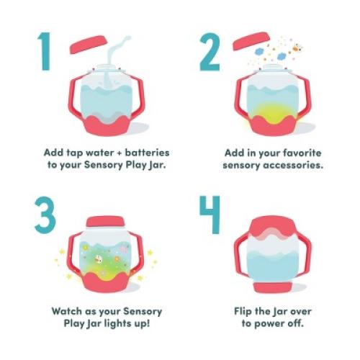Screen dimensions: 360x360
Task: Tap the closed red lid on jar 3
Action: click(x=105, y=222)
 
